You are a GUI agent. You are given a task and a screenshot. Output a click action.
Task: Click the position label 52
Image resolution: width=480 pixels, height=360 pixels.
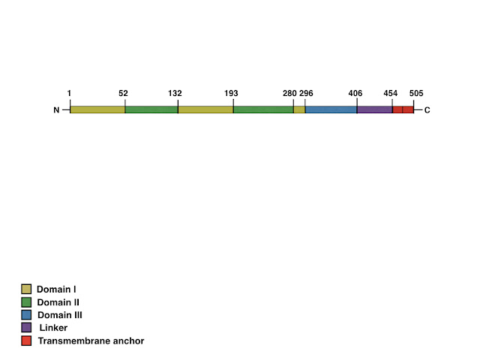pos(123,93)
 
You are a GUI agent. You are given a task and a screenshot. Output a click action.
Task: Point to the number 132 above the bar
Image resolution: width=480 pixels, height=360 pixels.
pos(175,93)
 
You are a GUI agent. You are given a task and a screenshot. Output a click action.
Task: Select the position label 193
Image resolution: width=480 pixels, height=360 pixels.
pos(231,93)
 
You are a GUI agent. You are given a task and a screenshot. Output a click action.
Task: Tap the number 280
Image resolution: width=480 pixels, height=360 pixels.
pos(289,93)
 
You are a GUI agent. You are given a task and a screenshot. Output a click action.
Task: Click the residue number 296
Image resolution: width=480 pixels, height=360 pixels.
pos(306,93)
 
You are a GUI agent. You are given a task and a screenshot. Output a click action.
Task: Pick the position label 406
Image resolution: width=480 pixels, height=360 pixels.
pos(355,93)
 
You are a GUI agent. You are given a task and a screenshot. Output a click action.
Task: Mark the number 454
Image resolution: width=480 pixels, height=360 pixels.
pos(390,93)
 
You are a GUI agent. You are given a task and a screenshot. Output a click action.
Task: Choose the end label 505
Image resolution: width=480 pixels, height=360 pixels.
pos(416,93)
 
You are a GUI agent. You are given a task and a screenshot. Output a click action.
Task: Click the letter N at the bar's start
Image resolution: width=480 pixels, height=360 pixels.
pos(56,110)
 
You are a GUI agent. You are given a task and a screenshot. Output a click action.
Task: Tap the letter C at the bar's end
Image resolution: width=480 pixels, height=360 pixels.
pos(427,110)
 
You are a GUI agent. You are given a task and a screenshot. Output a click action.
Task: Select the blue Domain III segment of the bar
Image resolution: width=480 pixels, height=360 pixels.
pos(331,109)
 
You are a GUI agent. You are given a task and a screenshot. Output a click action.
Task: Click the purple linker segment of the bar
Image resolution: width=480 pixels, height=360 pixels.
pos(375,109)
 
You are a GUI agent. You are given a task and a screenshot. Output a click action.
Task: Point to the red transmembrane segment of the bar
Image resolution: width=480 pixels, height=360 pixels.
pos(403,109)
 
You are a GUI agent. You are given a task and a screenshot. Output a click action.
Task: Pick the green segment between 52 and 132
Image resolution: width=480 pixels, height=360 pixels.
pos(151,109)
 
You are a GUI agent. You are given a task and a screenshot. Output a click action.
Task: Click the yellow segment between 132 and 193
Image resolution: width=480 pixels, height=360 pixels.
pos(205,109)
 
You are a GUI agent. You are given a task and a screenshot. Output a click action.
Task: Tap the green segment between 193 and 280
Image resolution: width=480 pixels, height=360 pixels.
pos(263,109)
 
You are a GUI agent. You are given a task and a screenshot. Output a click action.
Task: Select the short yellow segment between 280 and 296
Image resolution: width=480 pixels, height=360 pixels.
pos(299,109)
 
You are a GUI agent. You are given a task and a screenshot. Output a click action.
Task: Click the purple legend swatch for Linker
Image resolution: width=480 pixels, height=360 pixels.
pos(26,328)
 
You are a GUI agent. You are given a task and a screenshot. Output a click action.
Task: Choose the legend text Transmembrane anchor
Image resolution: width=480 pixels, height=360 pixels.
pos(91,340)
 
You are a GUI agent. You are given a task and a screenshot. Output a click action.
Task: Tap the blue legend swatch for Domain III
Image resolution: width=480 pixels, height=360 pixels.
pos(26,315)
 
